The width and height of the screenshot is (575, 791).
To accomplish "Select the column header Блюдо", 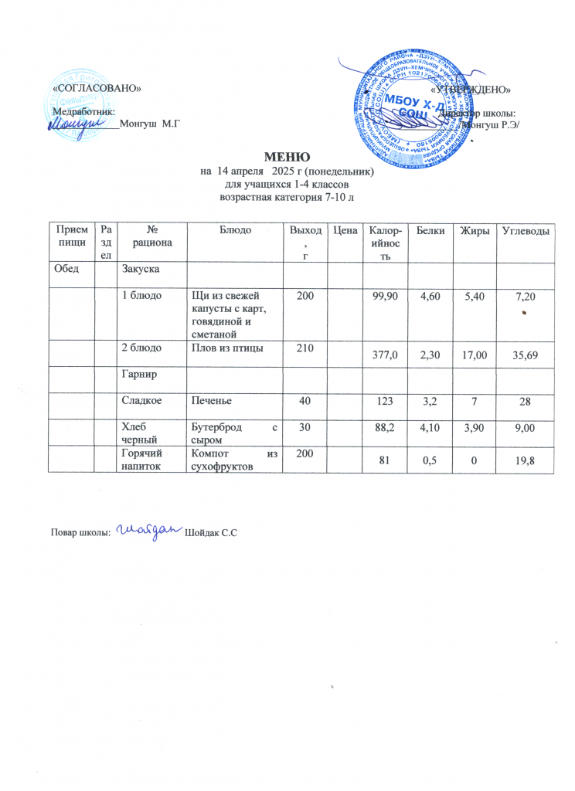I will pos(235,231).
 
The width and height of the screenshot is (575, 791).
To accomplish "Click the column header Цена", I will pos(343,231).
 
